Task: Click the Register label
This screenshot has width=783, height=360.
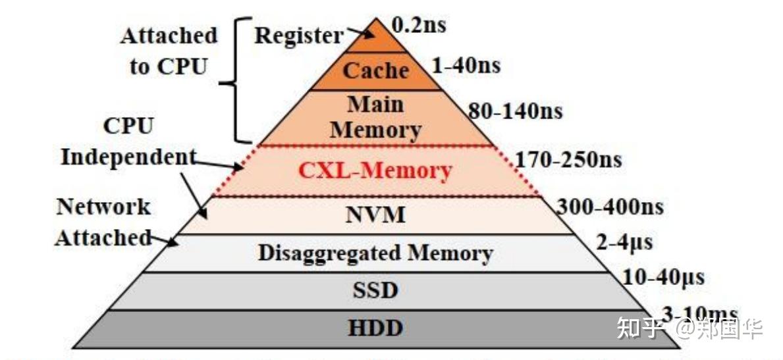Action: pos(298,36)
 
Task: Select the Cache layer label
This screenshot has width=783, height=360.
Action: pos(375,70)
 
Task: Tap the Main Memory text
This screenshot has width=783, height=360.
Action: pos(375,116)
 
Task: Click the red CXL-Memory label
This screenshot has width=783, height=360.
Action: pos(375,171)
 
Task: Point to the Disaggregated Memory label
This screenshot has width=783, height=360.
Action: pos(375,253)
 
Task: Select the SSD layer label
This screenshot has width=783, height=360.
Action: pos(375,290)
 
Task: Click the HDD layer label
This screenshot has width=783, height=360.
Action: pos(375,328)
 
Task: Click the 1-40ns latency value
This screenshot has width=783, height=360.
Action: pos(466,65)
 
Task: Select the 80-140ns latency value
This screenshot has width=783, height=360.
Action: pos(515,111)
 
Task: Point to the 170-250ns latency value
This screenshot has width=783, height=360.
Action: pos(568,159)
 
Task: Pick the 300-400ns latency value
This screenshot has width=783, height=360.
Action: pos(610,207)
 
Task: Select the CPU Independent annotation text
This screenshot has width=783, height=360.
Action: pos(129,141)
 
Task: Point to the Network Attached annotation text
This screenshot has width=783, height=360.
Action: pos(103,222)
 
